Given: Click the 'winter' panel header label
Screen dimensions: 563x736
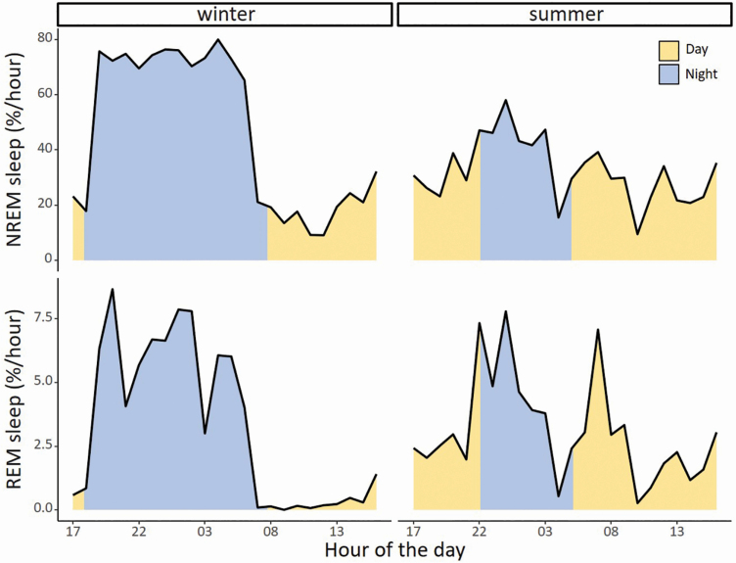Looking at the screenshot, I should click(x=224, y=15).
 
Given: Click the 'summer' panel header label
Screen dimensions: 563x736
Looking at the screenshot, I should click(x=564, y=15).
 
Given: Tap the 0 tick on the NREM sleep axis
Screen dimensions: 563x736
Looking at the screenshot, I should click(x=46, y=259).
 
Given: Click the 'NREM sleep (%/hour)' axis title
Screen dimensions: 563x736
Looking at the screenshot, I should click(x=15, y=147).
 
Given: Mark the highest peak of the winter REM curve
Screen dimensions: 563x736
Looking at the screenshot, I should click(x=113, y=289).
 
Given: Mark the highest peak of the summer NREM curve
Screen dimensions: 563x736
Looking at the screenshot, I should click(x=506, y=100).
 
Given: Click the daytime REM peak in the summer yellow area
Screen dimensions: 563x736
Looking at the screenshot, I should click(x=597, y=330).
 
